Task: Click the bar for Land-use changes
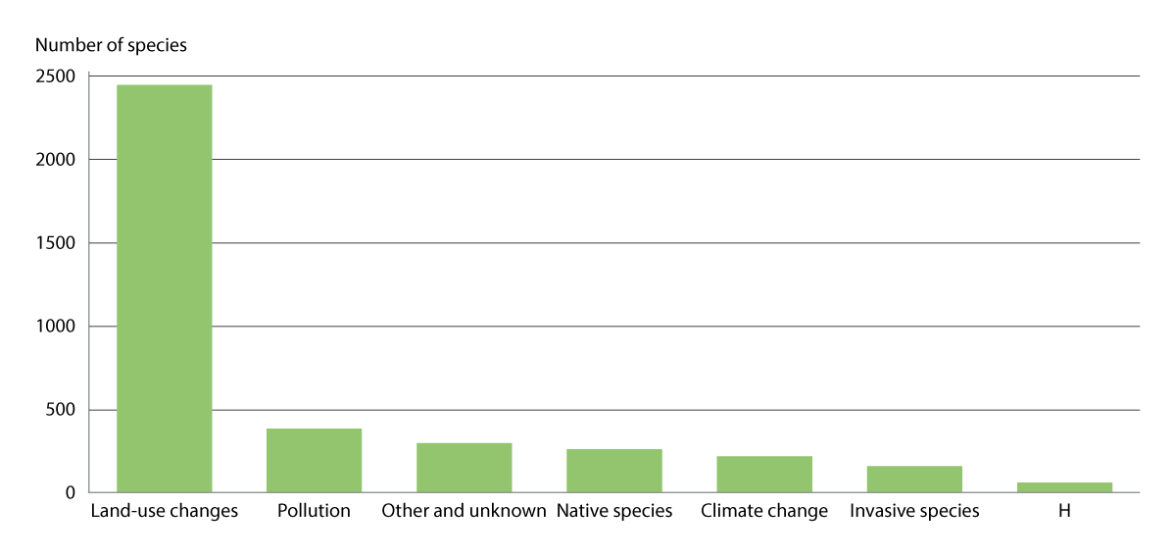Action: [164, 288]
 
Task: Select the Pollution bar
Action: [314, 460]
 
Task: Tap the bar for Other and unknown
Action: [464, 468]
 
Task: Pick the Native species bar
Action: [613, 471]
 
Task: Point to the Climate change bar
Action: [764, 474]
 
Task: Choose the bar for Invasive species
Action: [914, 479]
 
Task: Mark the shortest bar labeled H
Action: [1064, 486]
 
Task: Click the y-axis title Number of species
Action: [111, 45]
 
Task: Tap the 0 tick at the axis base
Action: [72, 493]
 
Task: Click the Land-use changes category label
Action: [164, 511]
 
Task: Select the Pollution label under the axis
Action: [314, 511]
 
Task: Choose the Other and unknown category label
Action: [464, 511]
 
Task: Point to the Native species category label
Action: [614, 511]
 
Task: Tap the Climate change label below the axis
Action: [764, 511]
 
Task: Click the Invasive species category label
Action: [914, 511]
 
